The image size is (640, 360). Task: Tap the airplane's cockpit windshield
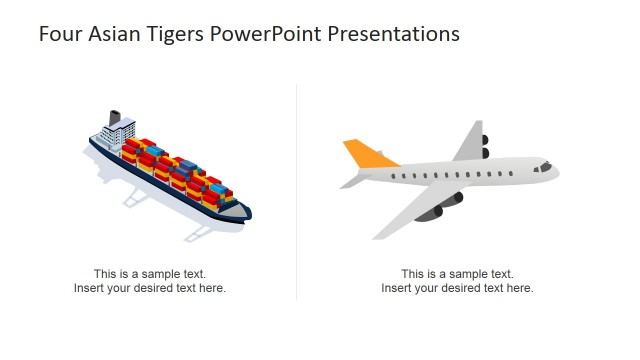pos(545,163)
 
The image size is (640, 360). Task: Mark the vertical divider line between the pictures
pos(297,190)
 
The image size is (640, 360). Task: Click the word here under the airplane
pos(521,289)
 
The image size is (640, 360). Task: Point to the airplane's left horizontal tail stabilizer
pos(351,181)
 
